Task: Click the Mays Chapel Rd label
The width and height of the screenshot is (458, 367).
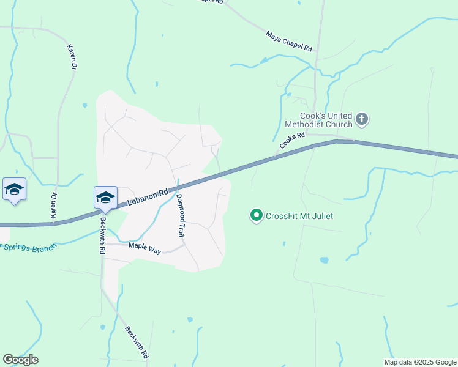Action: [x=290, y=40]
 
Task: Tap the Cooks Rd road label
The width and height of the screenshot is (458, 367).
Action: [x=292, y=141]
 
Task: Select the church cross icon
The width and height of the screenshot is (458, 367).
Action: [x=362, y=119]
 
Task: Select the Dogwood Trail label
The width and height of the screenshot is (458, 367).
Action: [x=181, y=215]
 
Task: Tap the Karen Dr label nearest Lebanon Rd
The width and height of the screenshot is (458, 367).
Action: [x=53, y=205]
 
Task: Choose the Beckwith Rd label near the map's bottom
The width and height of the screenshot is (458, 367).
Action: [x=137, y=342]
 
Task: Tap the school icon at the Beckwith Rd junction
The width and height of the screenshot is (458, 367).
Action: [x=105, y=198]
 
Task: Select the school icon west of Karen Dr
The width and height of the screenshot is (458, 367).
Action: [x=14, y=189]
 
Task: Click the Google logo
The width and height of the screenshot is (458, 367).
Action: [x=20, y=360]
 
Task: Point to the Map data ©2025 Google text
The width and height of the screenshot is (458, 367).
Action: [x=420, y=362]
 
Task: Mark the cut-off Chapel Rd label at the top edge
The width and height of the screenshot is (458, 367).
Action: [x=208, y=2]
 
